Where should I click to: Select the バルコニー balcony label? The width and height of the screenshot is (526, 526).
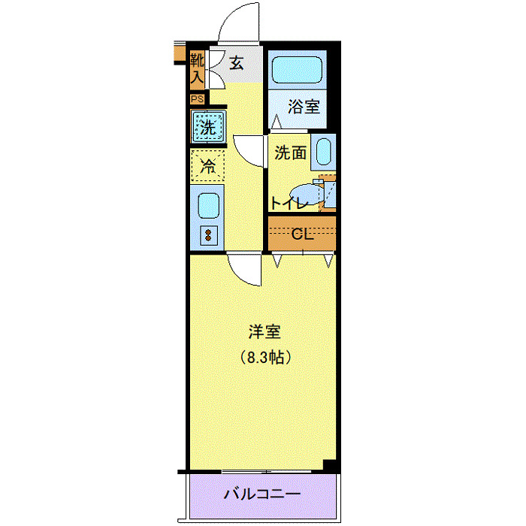tap(262, 494)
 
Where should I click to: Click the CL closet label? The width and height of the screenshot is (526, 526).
tap(301, 234)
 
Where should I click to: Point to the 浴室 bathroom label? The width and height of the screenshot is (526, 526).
tap(304, 106)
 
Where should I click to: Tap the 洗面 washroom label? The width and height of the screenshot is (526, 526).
tap(290, 153)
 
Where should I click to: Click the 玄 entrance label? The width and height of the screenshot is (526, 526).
tap(236, 63)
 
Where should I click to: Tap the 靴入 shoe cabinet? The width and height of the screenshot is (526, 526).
tap(197, 68)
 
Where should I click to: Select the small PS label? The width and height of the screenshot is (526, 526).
tap(197, 98)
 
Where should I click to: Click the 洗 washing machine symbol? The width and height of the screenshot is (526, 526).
tap(207, 125)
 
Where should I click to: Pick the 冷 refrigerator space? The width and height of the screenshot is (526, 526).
tap(207, 166)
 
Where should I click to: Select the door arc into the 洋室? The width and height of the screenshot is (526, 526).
tap(245, 268)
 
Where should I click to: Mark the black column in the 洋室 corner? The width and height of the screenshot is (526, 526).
tap(328, 464)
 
